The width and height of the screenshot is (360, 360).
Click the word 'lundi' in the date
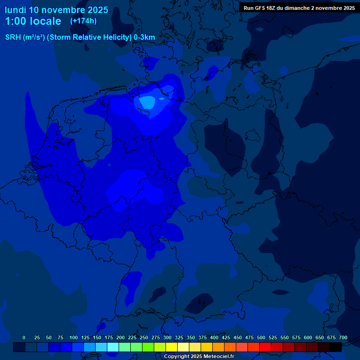coord(15,10)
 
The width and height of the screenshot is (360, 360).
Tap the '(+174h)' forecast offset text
coord(83,21)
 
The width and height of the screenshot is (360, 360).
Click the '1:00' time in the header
coord(16,21)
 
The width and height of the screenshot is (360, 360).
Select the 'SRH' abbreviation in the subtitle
coord(13,37)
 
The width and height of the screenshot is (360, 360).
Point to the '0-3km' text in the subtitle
coord(144,37)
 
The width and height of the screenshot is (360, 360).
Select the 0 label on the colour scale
coord(24,337)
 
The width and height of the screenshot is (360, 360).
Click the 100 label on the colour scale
coord(73,337)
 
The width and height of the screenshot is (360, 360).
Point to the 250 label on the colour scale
coord(143,337)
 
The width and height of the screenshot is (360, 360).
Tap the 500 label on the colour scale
coord(261,337)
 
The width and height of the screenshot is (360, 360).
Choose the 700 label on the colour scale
coord(343,337)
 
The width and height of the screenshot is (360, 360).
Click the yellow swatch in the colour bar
coord(172,347)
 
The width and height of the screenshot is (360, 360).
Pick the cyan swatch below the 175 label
coord(113,347)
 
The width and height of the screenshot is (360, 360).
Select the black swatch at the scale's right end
coord(336,347)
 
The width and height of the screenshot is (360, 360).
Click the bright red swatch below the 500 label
coord(265,347)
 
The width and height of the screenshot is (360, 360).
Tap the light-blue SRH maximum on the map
coord(148,102)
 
